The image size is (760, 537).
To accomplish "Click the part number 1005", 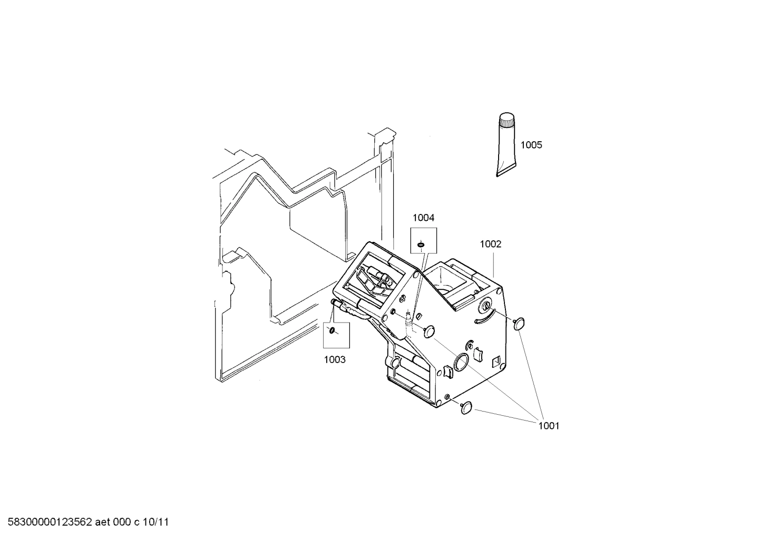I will coord(531,145).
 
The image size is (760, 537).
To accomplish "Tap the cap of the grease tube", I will coord(507,121).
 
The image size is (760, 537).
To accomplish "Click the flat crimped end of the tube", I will coord(505,172).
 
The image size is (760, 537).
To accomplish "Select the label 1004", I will coord(423,218).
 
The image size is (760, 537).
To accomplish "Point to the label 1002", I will coord(490,244).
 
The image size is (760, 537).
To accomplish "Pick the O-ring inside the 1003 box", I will coord(332,330).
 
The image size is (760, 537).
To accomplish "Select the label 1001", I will coord(548,425).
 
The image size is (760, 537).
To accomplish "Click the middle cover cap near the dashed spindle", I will coord(430,331).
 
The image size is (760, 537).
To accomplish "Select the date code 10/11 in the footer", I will coord(157,522).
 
